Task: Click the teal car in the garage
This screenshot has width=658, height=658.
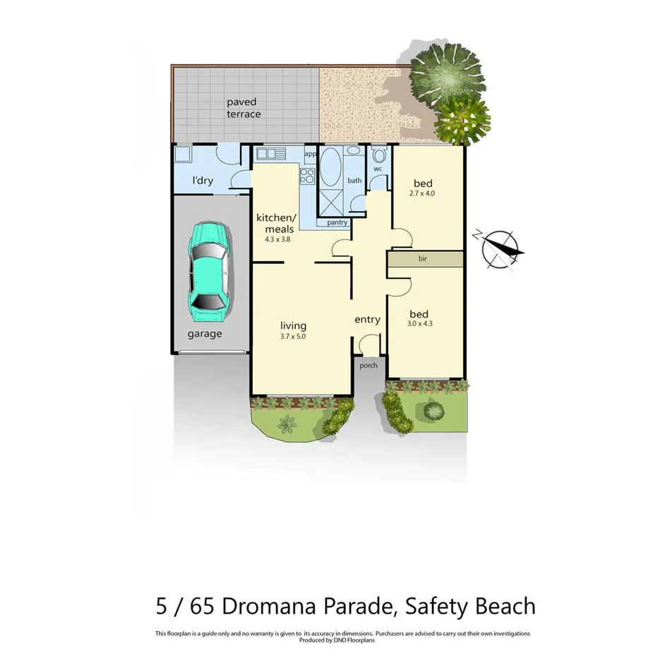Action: (208, 269)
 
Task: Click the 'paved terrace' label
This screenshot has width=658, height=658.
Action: (243, 108)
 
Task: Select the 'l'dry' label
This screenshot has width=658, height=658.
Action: (203, 181)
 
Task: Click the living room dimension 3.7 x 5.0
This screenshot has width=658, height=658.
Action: (293, 337)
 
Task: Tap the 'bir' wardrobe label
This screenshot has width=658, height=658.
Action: (423, 259)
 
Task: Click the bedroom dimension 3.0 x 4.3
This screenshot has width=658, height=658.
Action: (421, 324)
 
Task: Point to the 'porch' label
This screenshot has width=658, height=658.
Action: (368, 366)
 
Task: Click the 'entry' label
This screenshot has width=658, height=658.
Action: (367, 320)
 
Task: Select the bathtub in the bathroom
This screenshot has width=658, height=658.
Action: (330, 167)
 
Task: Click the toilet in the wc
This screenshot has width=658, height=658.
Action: (379, 155)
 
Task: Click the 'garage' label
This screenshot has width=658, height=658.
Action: (205, 334)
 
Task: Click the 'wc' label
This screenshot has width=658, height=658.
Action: (378, 169)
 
